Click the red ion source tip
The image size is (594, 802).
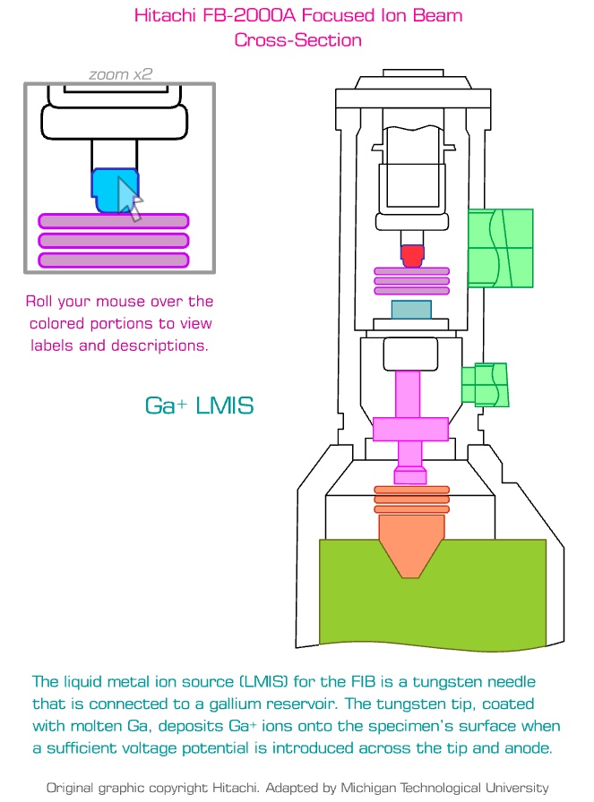point(411,256)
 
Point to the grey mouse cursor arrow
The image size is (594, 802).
point(130,198)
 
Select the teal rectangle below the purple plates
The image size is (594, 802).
point(411,310)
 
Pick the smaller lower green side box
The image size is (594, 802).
point(485,383)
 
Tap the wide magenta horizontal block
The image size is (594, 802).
point(410,430)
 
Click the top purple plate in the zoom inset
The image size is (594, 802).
point(113,221)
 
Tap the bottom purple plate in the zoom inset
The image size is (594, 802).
point(113,260)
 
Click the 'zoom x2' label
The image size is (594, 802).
point(120,74)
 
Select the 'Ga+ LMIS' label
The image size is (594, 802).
point(199,405)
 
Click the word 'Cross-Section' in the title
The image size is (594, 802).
point(297,40)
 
